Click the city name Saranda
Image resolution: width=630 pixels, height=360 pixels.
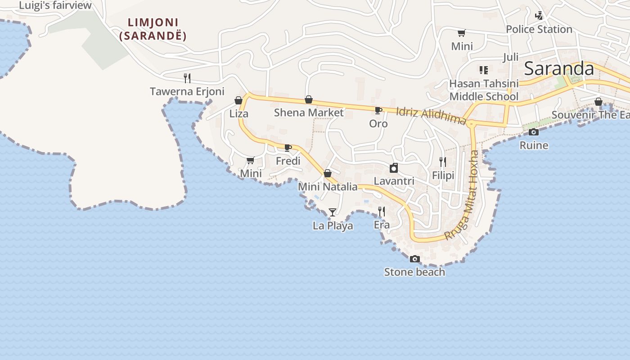(559, 69)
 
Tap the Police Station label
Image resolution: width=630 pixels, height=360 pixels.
(539, 29)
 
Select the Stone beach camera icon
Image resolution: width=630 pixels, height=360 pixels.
(414, 259)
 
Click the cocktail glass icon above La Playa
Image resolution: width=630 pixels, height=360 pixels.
(333, 212)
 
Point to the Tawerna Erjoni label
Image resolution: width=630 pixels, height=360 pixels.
(187, 92)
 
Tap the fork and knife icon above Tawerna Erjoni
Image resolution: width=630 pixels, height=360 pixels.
(187, 78)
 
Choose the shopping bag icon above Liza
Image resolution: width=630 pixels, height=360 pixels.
(238, 100)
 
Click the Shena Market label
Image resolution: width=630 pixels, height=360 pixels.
(309, 112)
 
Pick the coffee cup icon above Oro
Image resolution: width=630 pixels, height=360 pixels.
(378, 110)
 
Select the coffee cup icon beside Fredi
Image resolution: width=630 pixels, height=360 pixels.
(288, 148)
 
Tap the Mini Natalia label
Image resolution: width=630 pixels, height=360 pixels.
(328, 187)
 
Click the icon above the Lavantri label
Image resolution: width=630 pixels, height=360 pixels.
(394, 168)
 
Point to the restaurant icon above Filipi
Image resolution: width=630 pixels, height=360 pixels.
(443, 162)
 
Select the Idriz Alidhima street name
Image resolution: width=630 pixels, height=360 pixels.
(431, 116)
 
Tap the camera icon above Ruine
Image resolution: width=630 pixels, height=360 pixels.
(534, 132)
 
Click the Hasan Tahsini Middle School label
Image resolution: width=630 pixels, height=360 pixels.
(484, 90)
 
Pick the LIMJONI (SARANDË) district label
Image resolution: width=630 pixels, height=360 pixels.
(153, 29)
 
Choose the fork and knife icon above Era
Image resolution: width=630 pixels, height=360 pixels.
(382, 211)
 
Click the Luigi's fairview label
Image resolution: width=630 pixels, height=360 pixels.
(55, 5)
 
